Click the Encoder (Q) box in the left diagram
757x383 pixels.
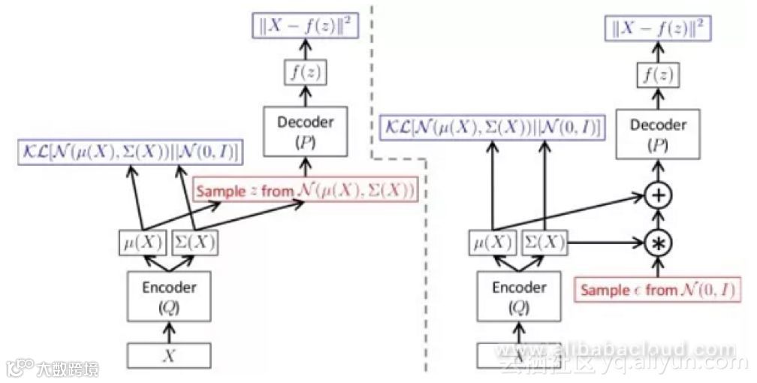(169, 295)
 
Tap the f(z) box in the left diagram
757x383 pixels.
(303, 74)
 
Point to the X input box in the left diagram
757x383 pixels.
(169, 357)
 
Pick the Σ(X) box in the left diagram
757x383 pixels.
(195, 242)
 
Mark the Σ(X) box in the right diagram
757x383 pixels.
(544, 242)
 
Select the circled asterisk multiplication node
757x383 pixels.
(658, 242)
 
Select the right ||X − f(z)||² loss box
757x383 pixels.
(658, 29)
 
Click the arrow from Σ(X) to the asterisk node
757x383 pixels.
(605, 242)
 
